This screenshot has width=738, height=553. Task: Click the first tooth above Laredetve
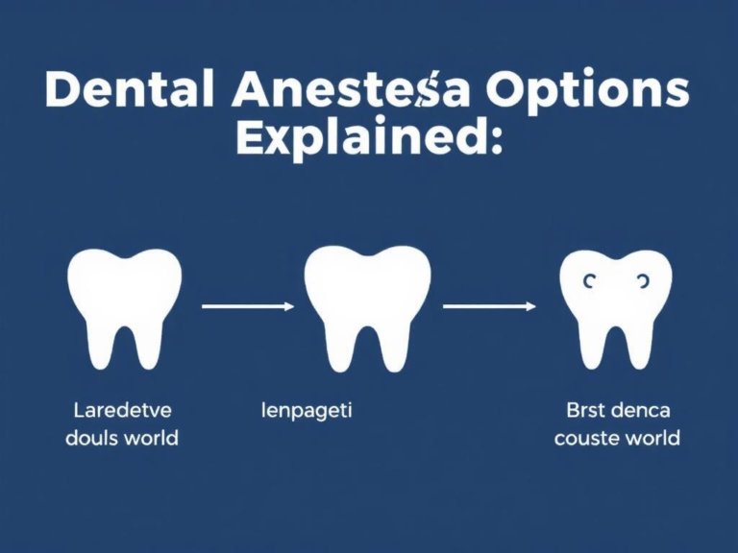click(126, 306)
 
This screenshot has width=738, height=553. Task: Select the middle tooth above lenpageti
click(367, 306)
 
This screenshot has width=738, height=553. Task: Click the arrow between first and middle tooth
click(248, 306)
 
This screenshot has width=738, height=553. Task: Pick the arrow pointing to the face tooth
click(489, 306)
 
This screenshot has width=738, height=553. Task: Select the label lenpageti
click(307, 411)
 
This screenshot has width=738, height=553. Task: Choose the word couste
click(589, 439)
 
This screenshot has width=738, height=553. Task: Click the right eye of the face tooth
click(641, 280)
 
